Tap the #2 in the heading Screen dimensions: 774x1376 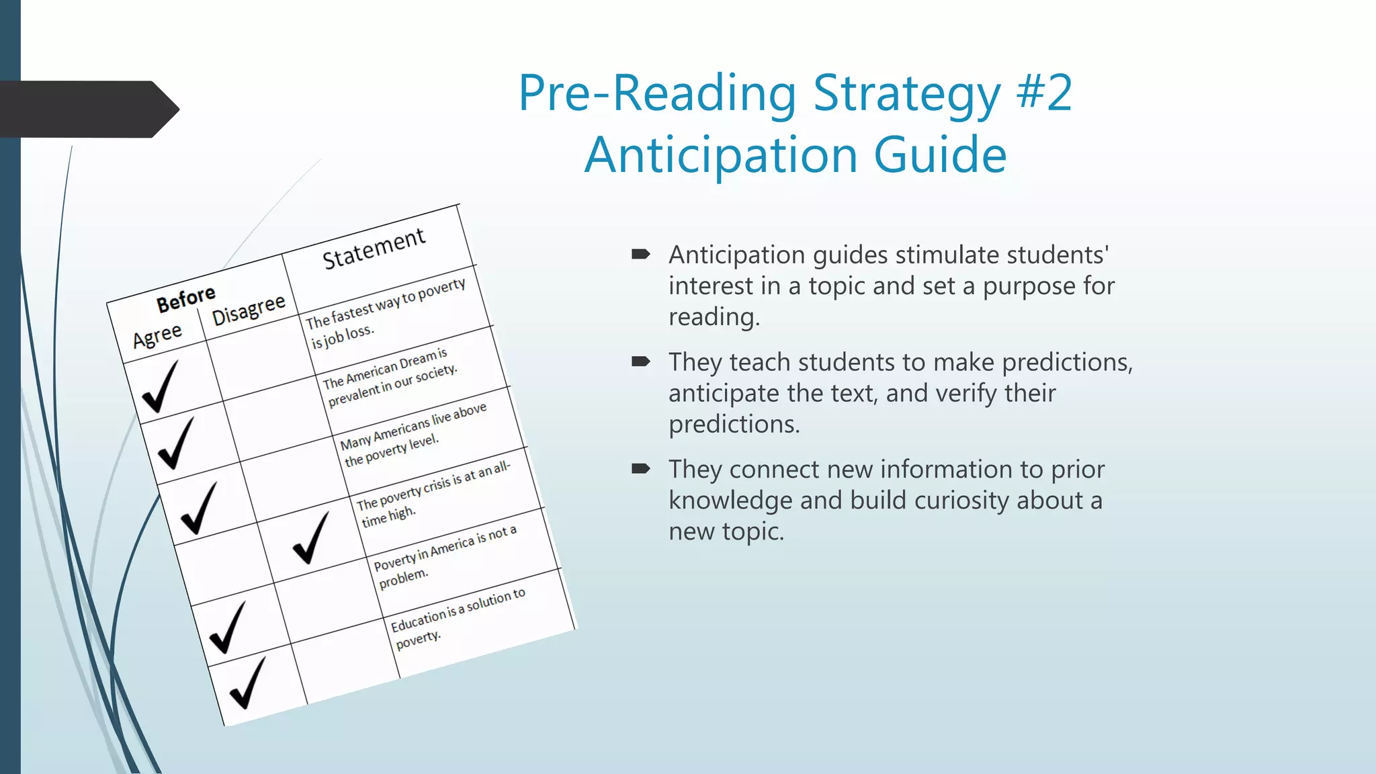[1044, 93]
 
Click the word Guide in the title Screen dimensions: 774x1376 [940, 155]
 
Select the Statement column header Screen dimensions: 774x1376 [374, 248]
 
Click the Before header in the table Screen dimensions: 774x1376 [186, 300]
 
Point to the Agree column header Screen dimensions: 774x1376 [157, 335]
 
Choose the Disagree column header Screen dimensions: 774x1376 [249, 310]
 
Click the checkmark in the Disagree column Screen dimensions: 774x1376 [311, 537]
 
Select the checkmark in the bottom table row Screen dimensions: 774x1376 [247, 683]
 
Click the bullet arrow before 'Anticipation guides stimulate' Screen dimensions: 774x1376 [640, 254]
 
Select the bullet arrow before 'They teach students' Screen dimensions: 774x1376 [640, 361]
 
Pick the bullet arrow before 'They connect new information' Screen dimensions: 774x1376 [640, 469]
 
